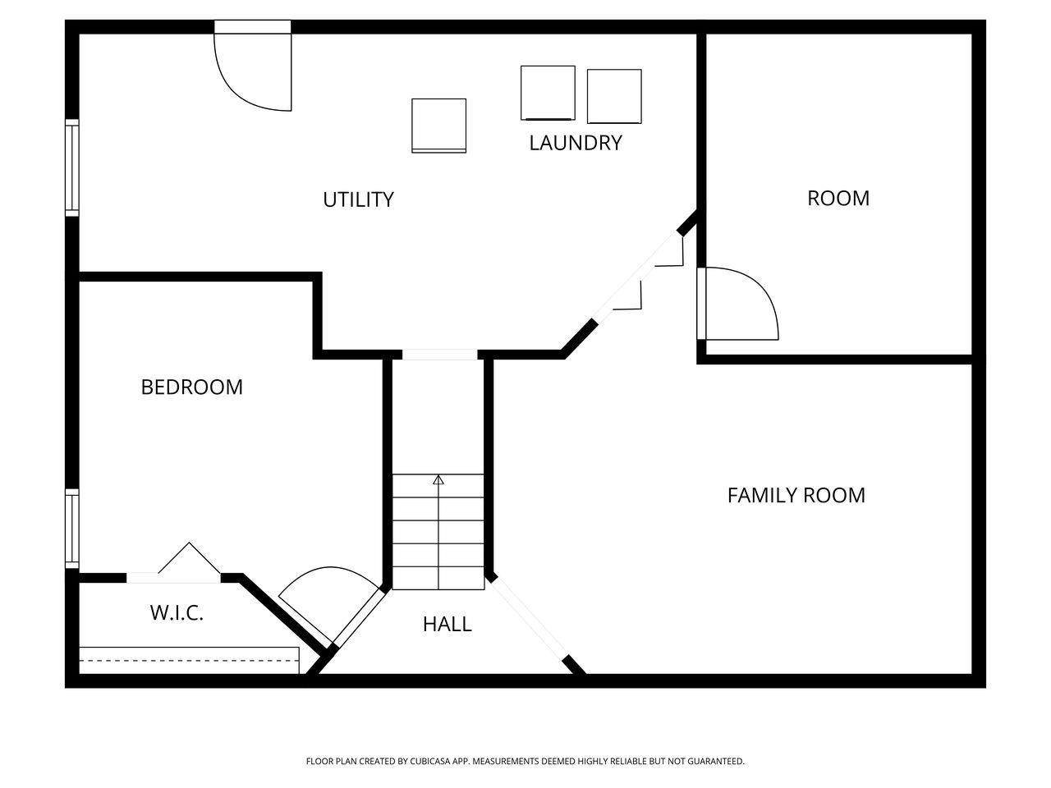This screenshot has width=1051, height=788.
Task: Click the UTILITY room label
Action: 358,199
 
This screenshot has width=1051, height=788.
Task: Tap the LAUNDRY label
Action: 575,143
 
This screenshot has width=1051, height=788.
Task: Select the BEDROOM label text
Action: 191,387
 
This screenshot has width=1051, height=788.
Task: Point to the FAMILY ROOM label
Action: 796,495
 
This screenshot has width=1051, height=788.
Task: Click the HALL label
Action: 447,624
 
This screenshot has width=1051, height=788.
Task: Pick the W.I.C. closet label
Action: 177,612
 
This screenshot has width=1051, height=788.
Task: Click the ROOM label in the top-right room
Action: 838,198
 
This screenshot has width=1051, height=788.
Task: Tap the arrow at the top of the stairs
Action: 438,479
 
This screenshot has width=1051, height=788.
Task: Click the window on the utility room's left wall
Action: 72,167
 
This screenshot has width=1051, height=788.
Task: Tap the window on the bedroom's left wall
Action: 72,529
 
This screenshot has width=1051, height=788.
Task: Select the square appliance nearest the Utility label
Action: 438,126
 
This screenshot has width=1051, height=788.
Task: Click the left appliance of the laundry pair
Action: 548,93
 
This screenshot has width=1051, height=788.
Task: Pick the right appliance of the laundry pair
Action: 614,96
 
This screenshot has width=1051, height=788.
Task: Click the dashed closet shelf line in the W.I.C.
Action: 189,660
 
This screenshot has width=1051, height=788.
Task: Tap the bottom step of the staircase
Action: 438,578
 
